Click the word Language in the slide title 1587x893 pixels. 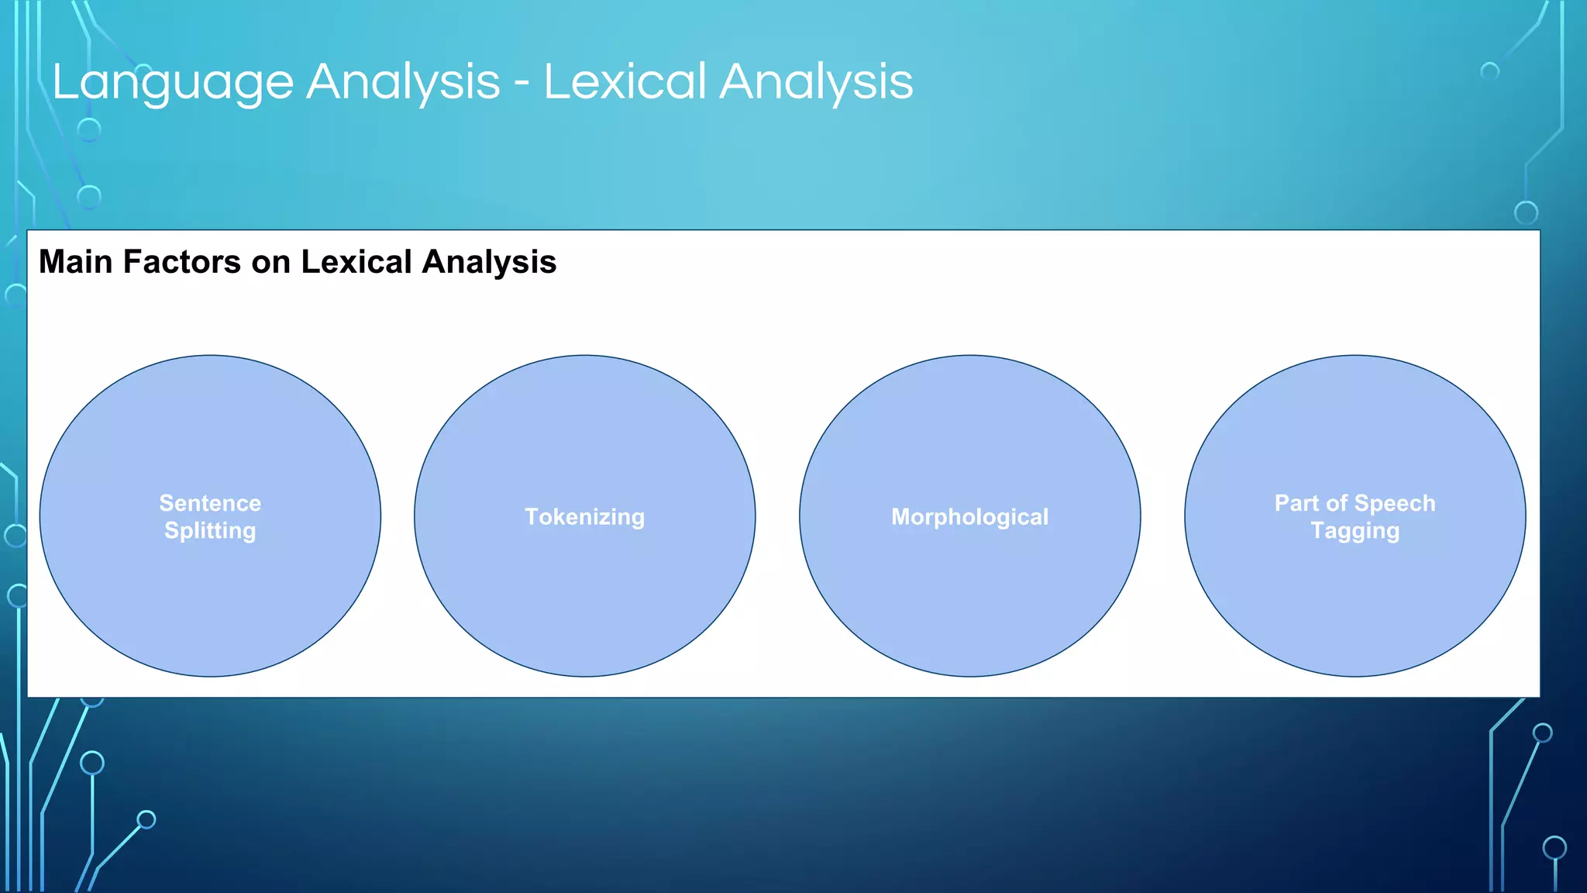[172, 83]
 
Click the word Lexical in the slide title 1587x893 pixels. [625, 81]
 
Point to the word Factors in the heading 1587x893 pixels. [182, 262]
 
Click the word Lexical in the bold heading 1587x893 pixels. [356, 262]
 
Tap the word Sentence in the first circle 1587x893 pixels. [210, 503]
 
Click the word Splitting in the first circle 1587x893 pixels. [210, 531]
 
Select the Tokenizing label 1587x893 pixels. [584, 517]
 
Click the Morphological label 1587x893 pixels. [969, 517]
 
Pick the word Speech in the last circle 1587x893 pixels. [1394, 504]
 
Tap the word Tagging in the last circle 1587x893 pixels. [1355, 531]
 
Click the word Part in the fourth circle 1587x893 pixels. [1296, 503]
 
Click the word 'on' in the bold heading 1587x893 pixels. [270, 262]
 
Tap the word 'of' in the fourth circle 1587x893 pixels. [1336, 503]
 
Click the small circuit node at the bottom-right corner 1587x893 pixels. [1554, 847]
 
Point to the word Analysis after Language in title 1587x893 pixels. [403, 83]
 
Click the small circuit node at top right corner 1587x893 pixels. [1489, 71]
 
